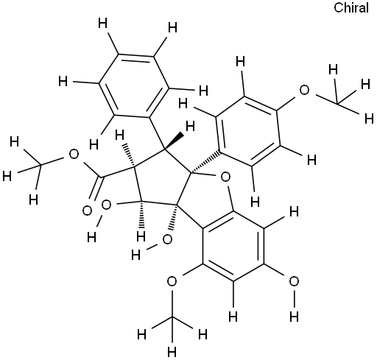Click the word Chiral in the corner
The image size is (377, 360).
coord(351,8)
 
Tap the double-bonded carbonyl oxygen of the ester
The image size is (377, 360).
coord(87,211)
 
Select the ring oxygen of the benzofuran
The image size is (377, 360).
coord(225,177)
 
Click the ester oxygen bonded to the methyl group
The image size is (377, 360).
coord(74,155)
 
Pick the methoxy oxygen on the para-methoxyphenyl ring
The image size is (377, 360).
coord(304,90)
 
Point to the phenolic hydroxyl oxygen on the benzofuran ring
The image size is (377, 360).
coord(294,281)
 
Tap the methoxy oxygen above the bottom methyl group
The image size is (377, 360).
coord(172,281)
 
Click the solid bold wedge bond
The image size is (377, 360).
coord(174,141)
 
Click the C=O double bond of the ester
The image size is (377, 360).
coord(96,188)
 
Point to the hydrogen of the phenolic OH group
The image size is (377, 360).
coord(294,317)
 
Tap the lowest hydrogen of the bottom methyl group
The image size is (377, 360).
coord(172,352)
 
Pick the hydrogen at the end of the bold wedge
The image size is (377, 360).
coord(190,127)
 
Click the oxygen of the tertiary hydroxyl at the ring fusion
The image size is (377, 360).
coord(167,239)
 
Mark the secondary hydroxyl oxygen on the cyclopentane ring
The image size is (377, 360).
coord(106,205)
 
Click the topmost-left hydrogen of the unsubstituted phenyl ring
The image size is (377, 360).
coord(102,24)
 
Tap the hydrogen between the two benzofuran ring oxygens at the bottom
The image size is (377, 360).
coord(233,317)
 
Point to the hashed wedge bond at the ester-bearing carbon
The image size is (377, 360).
coord(130,156)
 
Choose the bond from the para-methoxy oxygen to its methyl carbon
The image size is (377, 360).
coord(327,99)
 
